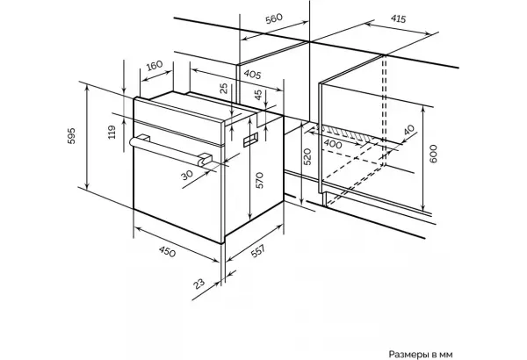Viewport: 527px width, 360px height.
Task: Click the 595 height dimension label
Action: coord(72,136)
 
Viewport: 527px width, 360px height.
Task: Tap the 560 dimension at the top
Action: coord(274,18)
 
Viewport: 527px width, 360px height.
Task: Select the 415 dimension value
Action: coord(398,18)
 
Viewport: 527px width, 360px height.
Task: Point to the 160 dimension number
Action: coord(155,65)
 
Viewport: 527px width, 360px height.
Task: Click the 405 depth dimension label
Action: coord(252,74)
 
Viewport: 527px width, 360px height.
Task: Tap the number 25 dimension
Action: coord(223,88)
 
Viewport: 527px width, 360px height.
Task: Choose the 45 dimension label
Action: coord(257,95)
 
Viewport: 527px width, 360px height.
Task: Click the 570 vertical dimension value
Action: coord(259,180)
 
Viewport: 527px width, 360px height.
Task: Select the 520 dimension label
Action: coord(307,156)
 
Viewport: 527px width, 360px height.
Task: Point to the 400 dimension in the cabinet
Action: coord(333,144)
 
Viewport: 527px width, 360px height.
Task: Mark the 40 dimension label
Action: coord(409,130)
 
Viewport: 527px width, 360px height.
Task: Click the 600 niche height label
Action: coord(433,154)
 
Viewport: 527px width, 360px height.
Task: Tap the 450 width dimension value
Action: coord(167,251)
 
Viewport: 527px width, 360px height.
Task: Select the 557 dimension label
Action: coord(258,251)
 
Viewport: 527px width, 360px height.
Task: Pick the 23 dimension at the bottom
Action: coord(199,284)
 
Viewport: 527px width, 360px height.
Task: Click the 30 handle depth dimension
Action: coord(187,175)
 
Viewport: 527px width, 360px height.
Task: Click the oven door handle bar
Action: coord(170,151)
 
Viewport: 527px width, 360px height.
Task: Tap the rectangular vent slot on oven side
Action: coord(250,140)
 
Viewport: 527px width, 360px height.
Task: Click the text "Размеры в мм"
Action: coord(421,354)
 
